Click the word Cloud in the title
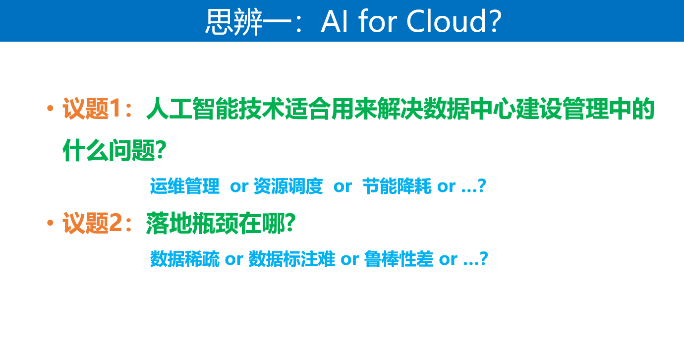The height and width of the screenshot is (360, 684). coord(446,21)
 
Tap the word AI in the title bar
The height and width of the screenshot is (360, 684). coord(335,21)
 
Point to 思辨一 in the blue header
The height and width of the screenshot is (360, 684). coord(248,21)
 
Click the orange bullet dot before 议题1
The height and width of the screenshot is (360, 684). coord(51,108)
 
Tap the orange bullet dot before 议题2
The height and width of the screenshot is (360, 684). coord(51,223)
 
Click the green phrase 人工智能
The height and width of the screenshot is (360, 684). coord(193,109)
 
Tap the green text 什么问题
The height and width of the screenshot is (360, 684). coord(109,150)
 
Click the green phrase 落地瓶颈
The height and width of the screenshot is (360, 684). coord(192,223)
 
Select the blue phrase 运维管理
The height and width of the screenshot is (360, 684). coord(185,186)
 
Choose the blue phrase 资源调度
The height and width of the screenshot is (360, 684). coord(288,186)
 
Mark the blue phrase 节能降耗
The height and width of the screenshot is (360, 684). coord(397,186)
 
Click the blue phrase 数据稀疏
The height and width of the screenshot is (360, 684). coord(185,259)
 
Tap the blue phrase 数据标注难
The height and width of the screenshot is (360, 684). coord(292,259)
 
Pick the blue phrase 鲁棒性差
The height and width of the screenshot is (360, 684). coord(399,259)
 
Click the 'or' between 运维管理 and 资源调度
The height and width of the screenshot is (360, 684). coord(239,186)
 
